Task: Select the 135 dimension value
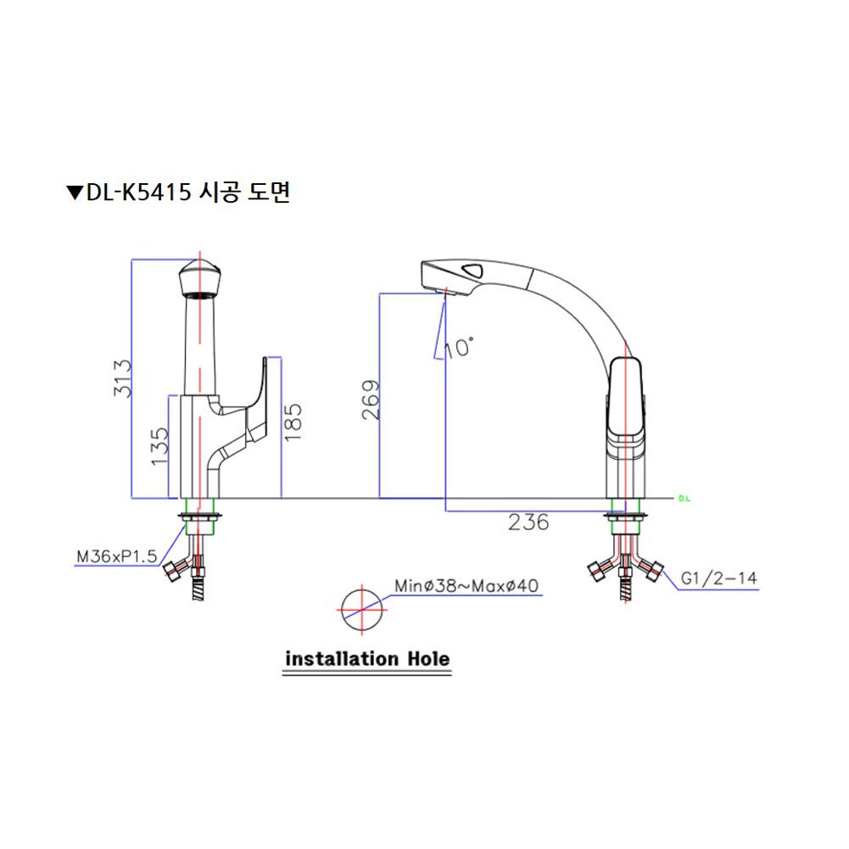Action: [x=159, y=448]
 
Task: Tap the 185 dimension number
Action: [x=293, y=421]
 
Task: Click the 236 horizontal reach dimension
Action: [x=528, y=522]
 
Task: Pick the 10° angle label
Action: [x=460, y=346]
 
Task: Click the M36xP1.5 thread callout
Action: [x=116, y=556]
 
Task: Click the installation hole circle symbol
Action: [x=362, y=610]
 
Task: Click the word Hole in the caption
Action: [x=420, y=658]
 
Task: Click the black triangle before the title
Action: [x=74, y=193]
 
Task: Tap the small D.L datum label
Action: [x=685, y=499]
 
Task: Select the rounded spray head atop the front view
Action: [x=200, y=279]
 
